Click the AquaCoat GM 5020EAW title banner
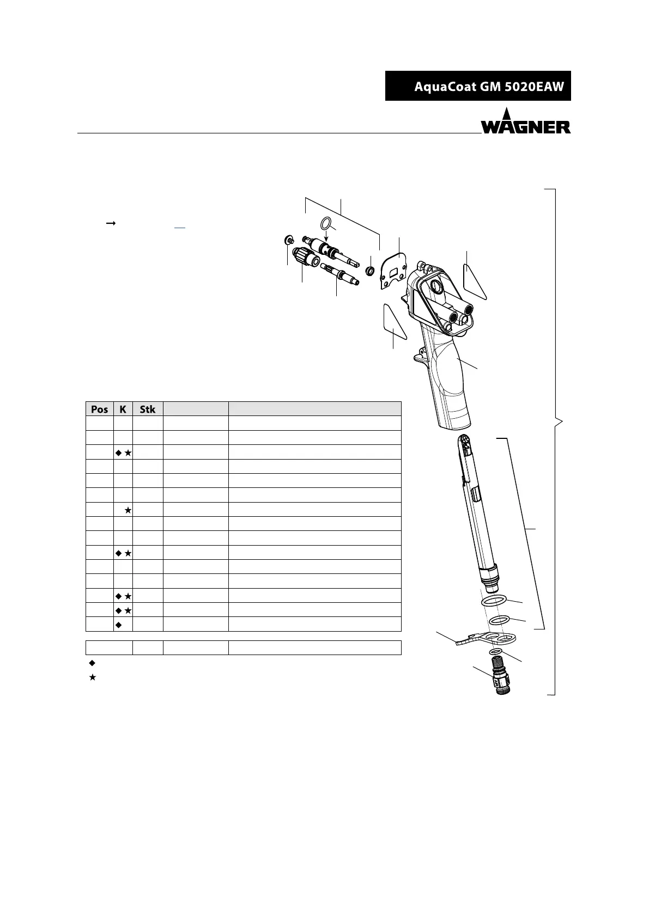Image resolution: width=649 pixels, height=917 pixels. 478,86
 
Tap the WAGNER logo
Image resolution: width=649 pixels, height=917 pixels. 526,121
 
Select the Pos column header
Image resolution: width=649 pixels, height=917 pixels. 100,409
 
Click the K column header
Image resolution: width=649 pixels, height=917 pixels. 123,409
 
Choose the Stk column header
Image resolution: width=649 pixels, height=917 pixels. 148,409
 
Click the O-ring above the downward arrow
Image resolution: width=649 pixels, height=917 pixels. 326,223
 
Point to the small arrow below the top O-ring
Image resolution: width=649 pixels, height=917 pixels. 326,235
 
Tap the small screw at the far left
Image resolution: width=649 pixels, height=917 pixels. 288,240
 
